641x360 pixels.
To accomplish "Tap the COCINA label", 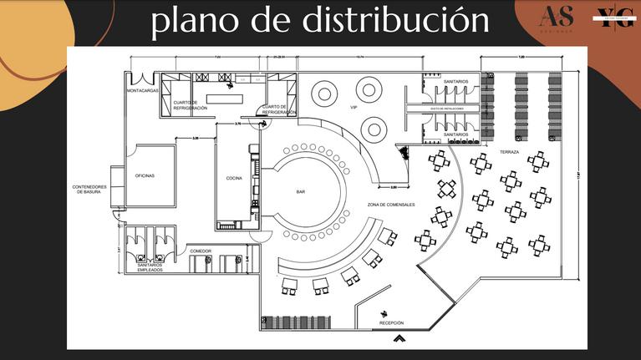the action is pyautogui.click(x=234, y=178).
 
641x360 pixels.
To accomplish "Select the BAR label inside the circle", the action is pyautogui.click(x=301, y=191).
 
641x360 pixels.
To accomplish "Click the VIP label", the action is pyautogui.click(x=354, y=107).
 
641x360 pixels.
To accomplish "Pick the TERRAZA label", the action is pyautogui.click(x=511, y=152).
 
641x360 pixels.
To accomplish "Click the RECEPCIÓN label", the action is pyautogui.click(x=391, y=322).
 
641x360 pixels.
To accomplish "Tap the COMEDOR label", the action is pyautogui.click(x=201, y=251).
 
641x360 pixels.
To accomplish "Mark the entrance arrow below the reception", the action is pyautogui.click(x=400, y=338).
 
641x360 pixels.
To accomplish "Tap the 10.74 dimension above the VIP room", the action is pyautogui.click(x=360, y=57).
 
